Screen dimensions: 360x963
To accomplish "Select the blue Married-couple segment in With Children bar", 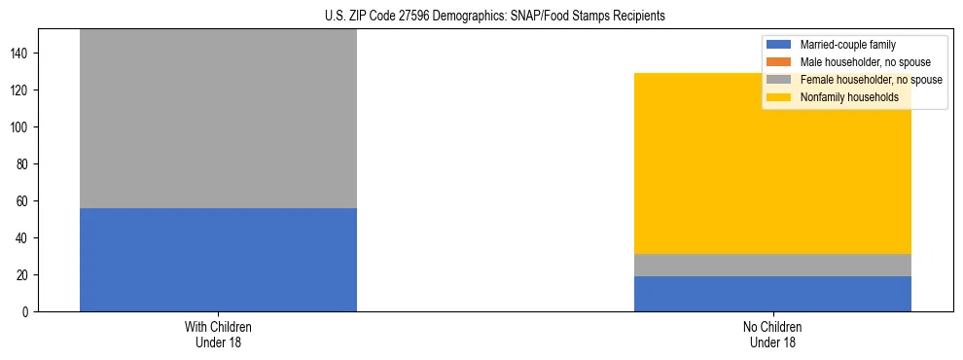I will pos(218,260).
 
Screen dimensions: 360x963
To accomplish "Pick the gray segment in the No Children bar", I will pos(772,265).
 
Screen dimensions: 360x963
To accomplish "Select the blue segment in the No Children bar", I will pos(772,294).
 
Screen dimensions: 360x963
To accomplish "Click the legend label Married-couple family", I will pos(847,45).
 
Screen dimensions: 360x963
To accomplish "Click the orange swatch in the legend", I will pos(779,62).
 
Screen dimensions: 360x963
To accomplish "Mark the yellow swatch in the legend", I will pos(779,97).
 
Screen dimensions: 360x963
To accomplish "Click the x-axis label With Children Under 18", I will pos(218,335).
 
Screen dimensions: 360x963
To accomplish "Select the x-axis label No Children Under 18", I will pos(772,335).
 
